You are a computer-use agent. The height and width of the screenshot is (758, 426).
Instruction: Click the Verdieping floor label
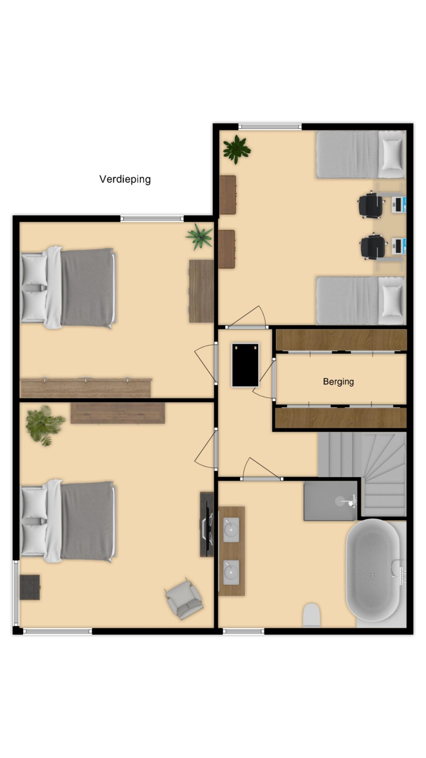[125, 179]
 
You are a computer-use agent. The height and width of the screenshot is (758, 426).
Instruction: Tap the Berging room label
[338, 382]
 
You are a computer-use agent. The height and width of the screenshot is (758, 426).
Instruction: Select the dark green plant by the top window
[236, 149]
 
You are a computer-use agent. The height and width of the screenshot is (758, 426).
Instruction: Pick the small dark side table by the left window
[30, 587]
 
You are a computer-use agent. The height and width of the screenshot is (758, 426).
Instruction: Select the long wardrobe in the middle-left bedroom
[86, 388]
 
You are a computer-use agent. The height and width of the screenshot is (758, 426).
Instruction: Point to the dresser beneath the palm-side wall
[118, 413]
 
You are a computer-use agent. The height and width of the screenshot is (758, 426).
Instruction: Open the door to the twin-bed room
[247, 327]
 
